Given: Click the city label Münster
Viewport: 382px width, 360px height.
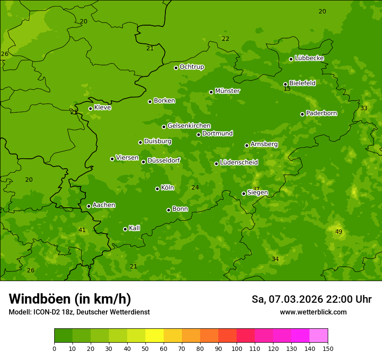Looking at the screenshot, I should point(227,91).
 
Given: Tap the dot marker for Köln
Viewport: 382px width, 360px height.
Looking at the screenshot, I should point(157,189).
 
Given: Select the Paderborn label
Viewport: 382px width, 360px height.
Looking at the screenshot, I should point(322,113).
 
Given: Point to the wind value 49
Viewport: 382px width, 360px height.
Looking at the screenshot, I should point(339,232).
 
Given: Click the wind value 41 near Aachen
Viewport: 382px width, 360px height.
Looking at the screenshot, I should point(82,230).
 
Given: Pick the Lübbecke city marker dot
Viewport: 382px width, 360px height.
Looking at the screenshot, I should point(291,59).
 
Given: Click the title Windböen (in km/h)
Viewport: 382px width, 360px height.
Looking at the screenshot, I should point(70,299).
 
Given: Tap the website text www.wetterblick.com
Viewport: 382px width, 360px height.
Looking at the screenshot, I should point(313,312).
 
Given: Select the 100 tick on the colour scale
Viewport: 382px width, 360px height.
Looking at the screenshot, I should point(237,348).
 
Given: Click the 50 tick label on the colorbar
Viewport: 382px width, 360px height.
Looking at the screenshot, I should point(145,348).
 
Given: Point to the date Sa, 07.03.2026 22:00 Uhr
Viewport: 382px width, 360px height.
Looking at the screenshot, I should point(311,299).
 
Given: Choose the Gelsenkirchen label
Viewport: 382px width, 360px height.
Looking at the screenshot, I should point(189,126).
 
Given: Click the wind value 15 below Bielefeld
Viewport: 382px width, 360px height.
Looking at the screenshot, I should point(287,89).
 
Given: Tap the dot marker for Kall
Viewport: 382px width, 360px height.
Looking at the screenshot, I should point(125,229).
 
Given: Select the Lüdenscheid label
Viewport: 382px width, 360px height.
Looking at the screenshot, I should point(239,163).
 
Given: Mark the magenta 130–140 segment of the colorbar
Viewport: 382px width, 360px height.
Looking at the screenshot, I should point(300,336).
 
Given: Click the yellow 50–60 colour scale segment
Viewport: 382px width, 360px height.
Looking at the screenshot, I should point(155,336).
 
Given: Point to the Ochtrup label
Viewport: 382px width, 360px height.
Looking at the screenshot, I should point(191,67).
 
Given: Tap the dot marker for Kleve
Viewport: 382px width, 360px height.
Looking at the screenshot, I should point(90,108).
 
